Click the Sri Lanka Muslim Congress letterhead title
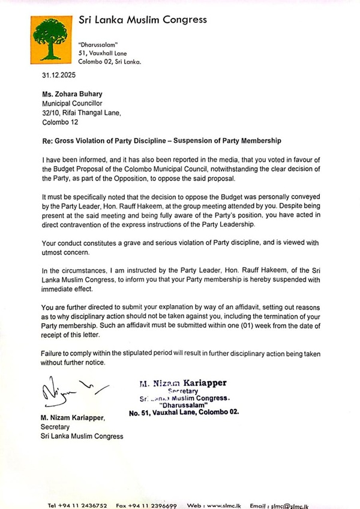[143, 20]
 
